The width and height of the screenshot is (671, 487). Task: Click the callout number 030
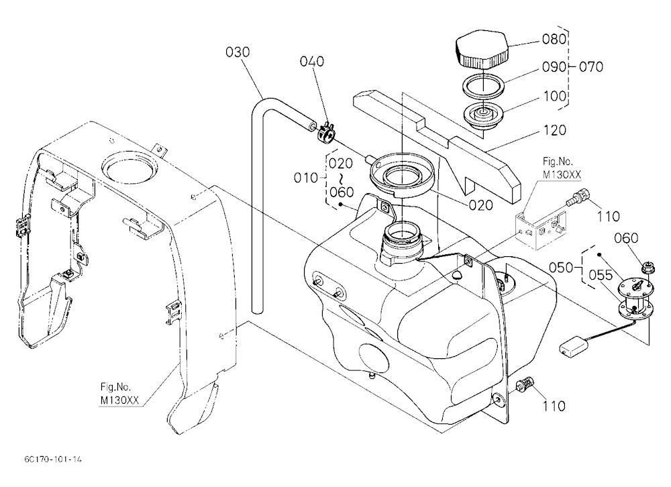point(238,52)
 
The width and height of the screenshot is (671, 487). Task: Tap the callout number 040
point(311,62)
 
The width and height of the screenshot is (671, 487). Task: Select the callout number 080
point(554,40)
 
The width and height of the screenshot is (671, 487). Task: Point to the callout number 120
point(554,129)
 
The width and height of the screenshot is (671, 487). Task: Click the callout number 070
point(591,67)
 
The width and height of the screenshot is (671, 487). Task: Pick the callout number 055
point(601,275)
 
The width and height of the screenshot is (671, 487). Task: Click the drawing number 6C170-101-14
point(53,459)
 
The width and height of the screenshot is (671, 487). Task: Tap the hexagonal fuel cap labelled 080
point(481,52)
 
